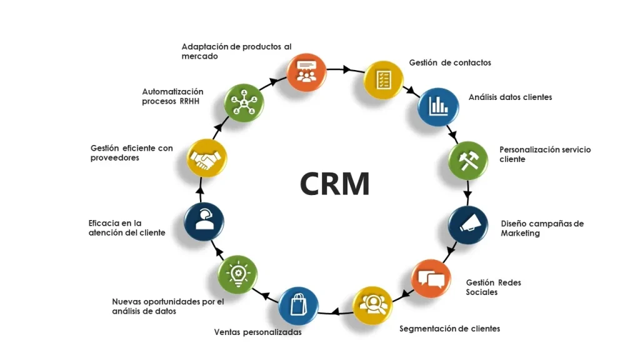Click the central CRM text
tap(334, 183)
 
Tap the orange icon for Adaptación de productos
tap(306, 72)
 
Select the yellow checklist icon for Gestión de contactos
tap(382, 80)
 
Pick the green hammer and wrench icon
tap(468, 161)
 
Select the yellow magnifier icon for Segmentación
tap(372, 306)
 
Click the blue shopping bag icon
tap(298, 305)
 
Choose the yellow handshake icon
tap(206, 160)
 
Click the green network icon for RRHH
tap(243, 102)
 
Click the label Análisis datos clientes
tap(510, 97)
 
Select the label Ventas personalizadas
tap(257, 332)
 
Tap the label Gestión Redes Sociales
tap(493, 287)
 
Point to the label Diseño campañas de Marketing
tap(542, 228)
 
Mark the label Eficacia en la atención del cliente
tap(127, 227)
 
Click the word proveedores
tap(114, 158)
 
